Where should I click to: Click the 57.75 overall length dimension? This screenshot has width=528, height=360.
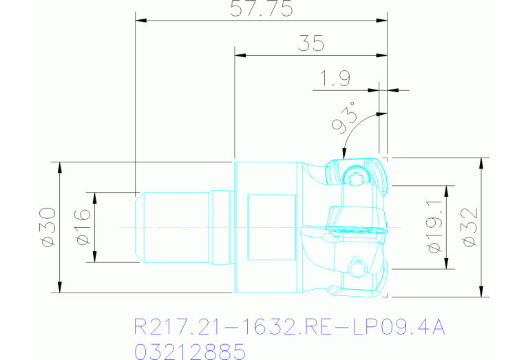click(x=262, y=9)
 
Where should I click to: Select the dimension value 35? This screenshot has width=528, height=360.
click(x=311, y=44)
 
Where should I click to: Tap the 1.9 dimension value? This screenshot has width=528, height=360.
click(x=332, y=78)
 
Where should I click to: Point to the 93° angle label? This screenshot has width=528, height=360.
click(x=346, y=118)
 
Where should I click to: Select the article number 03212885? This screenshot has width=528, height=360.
click(x=189, y=352)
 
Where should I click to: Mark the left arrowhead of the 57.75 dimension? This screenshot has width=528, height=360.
click(x=140, y=21)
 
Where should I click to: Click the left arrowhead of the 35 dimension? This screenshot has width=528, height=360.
click(x=240, y=56)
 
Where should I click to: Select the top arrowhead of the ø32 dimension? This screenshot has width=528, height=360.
click(x=481, y=162)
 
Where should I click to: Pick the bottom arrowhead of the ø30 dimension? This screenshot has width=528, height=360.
click(x=60, y=287)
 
